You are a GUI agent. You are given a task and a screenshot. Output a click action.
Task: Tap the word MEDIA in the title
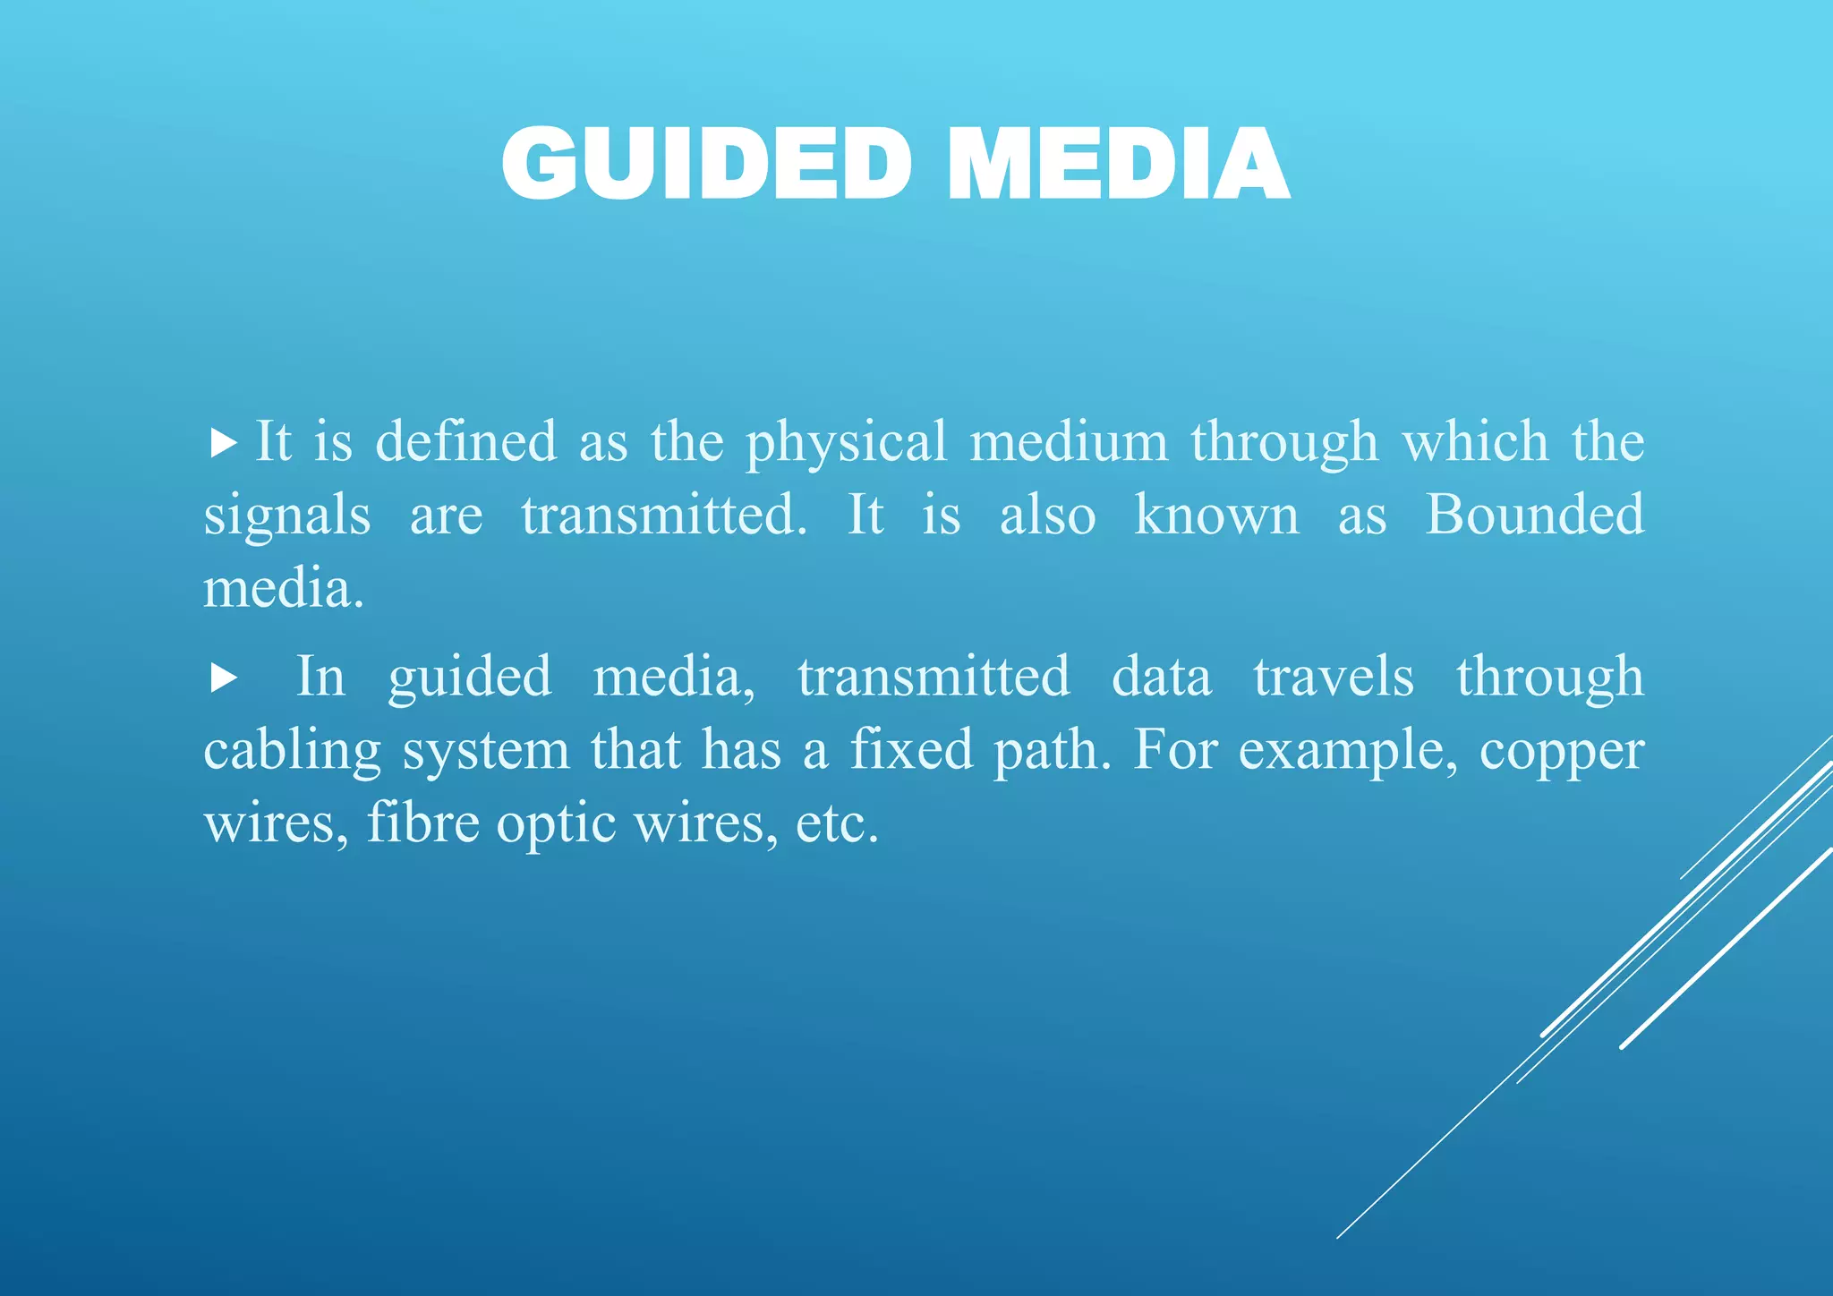[1118, 165]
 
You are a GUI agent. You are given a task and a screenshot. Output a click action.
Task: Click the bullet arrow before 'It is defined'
[223, 442]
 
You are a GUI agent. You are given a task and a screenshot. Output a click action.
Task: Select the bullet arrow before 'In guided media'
[224, 678]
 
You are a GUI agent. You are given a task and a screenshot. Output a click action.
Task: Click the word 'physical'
[846, 443]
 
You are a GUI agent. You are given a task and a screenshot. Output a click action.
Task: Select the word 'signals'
[286, 516]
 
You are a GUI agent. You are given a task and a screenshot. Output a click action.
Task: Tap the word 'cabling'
[292, 751]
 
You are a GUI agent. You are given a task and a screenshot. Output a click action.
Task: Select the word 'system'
[485, 751]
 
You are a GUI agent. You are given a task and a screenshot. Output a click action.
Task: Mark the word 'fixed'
[910, 749]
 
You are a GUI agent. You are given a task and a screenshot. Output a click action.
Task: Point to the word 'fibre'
[422, 823]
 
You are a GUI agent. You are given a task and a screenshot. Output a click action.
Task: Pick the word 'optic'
[556, 824]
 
